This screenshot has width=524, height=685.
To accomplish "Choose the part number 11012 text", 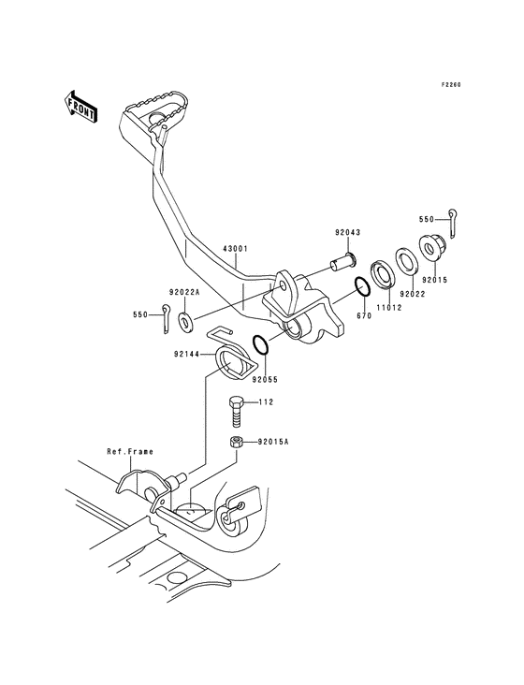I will point(389,306).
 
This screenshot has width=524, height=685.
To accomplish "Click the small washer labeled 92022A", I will point(186,322).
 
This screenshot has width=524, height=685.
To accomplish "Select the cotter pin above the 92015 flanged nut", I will point(452,221).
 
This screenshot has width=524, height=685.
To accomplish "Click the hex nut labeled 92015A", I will point(238,443).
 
